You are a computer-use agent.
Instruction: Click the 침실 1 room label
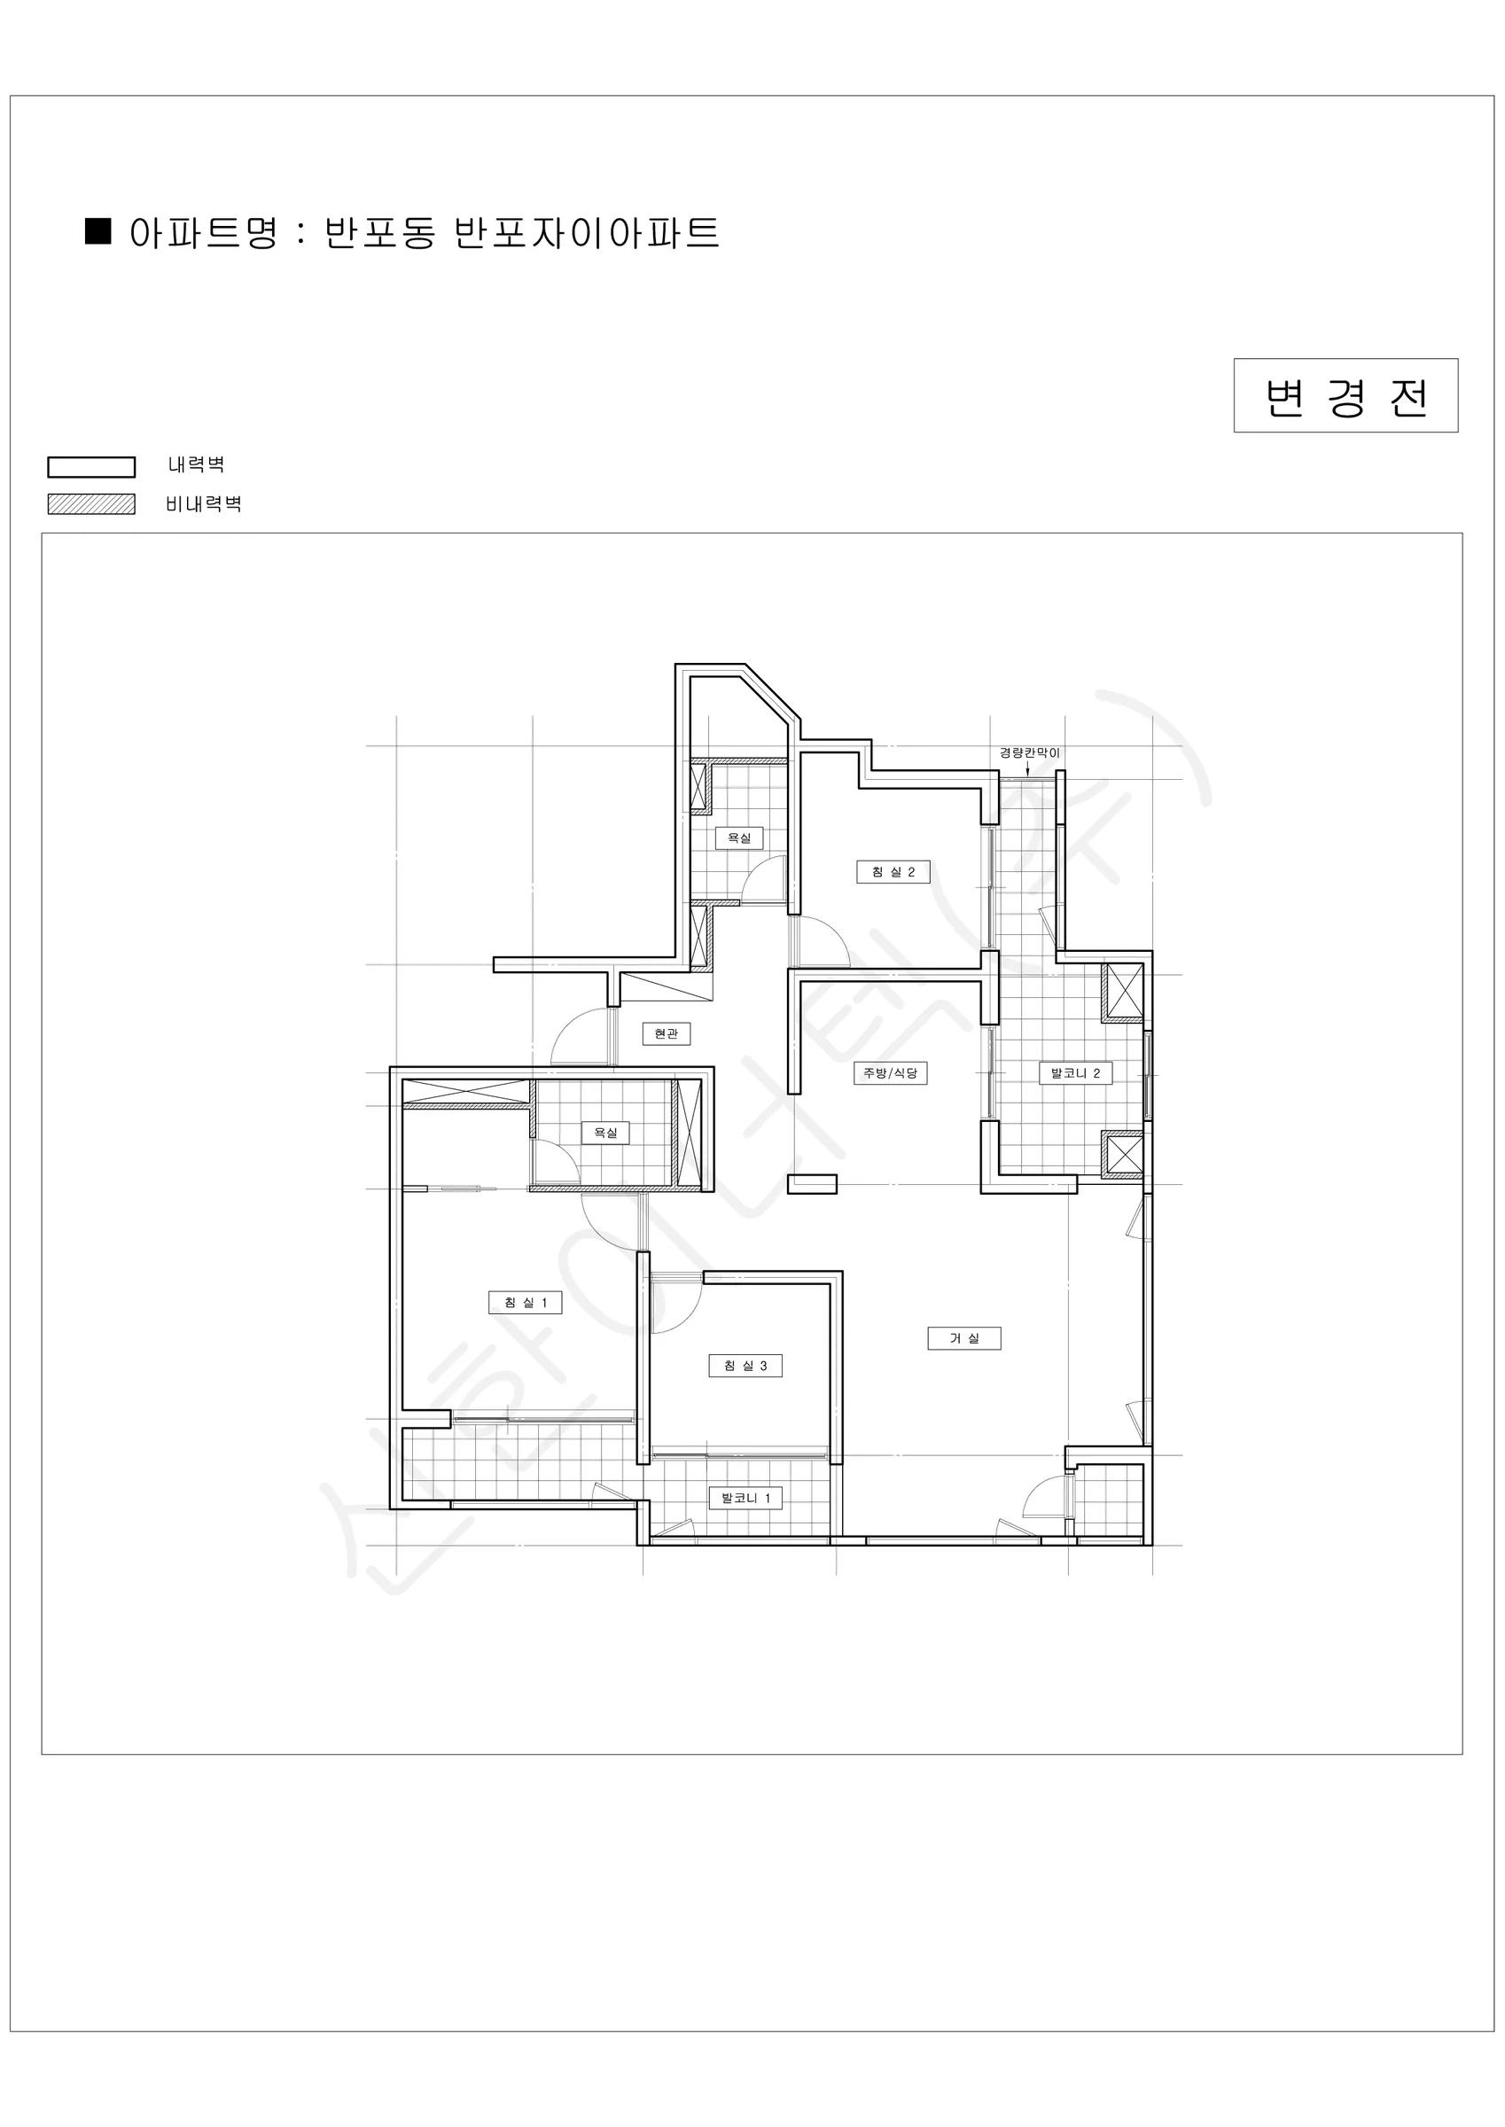coord(526,1303)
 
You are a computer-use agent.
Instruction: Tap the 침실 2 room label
coord(893,872)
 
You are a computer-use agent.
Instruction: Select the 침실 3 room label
coord(745,1366)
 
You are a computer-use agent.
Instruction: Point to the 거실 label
coord(963,1337)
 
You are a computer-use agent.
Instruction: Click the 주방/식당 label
coord(890,1072)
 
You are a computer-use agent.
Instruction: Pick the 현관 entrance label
coord(667,1033)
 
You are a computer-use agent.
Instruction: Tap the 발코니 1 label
coord(745,1498)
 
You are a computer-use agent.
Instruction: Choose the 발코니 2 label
coord(1075,1072)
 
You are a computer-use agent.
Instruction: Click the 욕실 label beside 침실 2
coord(738,838)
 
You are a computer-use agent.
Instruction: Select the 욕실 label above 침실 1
coord(605,1132)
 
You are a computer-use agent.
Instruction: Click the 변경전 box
coord(1345,395)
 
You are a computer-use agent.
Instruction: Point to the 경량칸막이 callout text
coord(1029,752)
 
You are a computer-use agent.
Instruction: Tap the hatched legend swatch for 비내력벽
coord(90,504)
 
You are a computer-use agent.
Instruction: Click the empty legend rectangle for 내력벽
coord(90,466)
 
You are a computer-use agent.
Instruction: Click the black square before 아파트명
coord(98,230)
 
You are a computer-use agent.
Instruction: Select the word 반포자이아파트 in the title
coord(587,232)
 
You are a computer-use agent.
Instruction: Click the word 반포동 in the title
coord(380,232)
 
